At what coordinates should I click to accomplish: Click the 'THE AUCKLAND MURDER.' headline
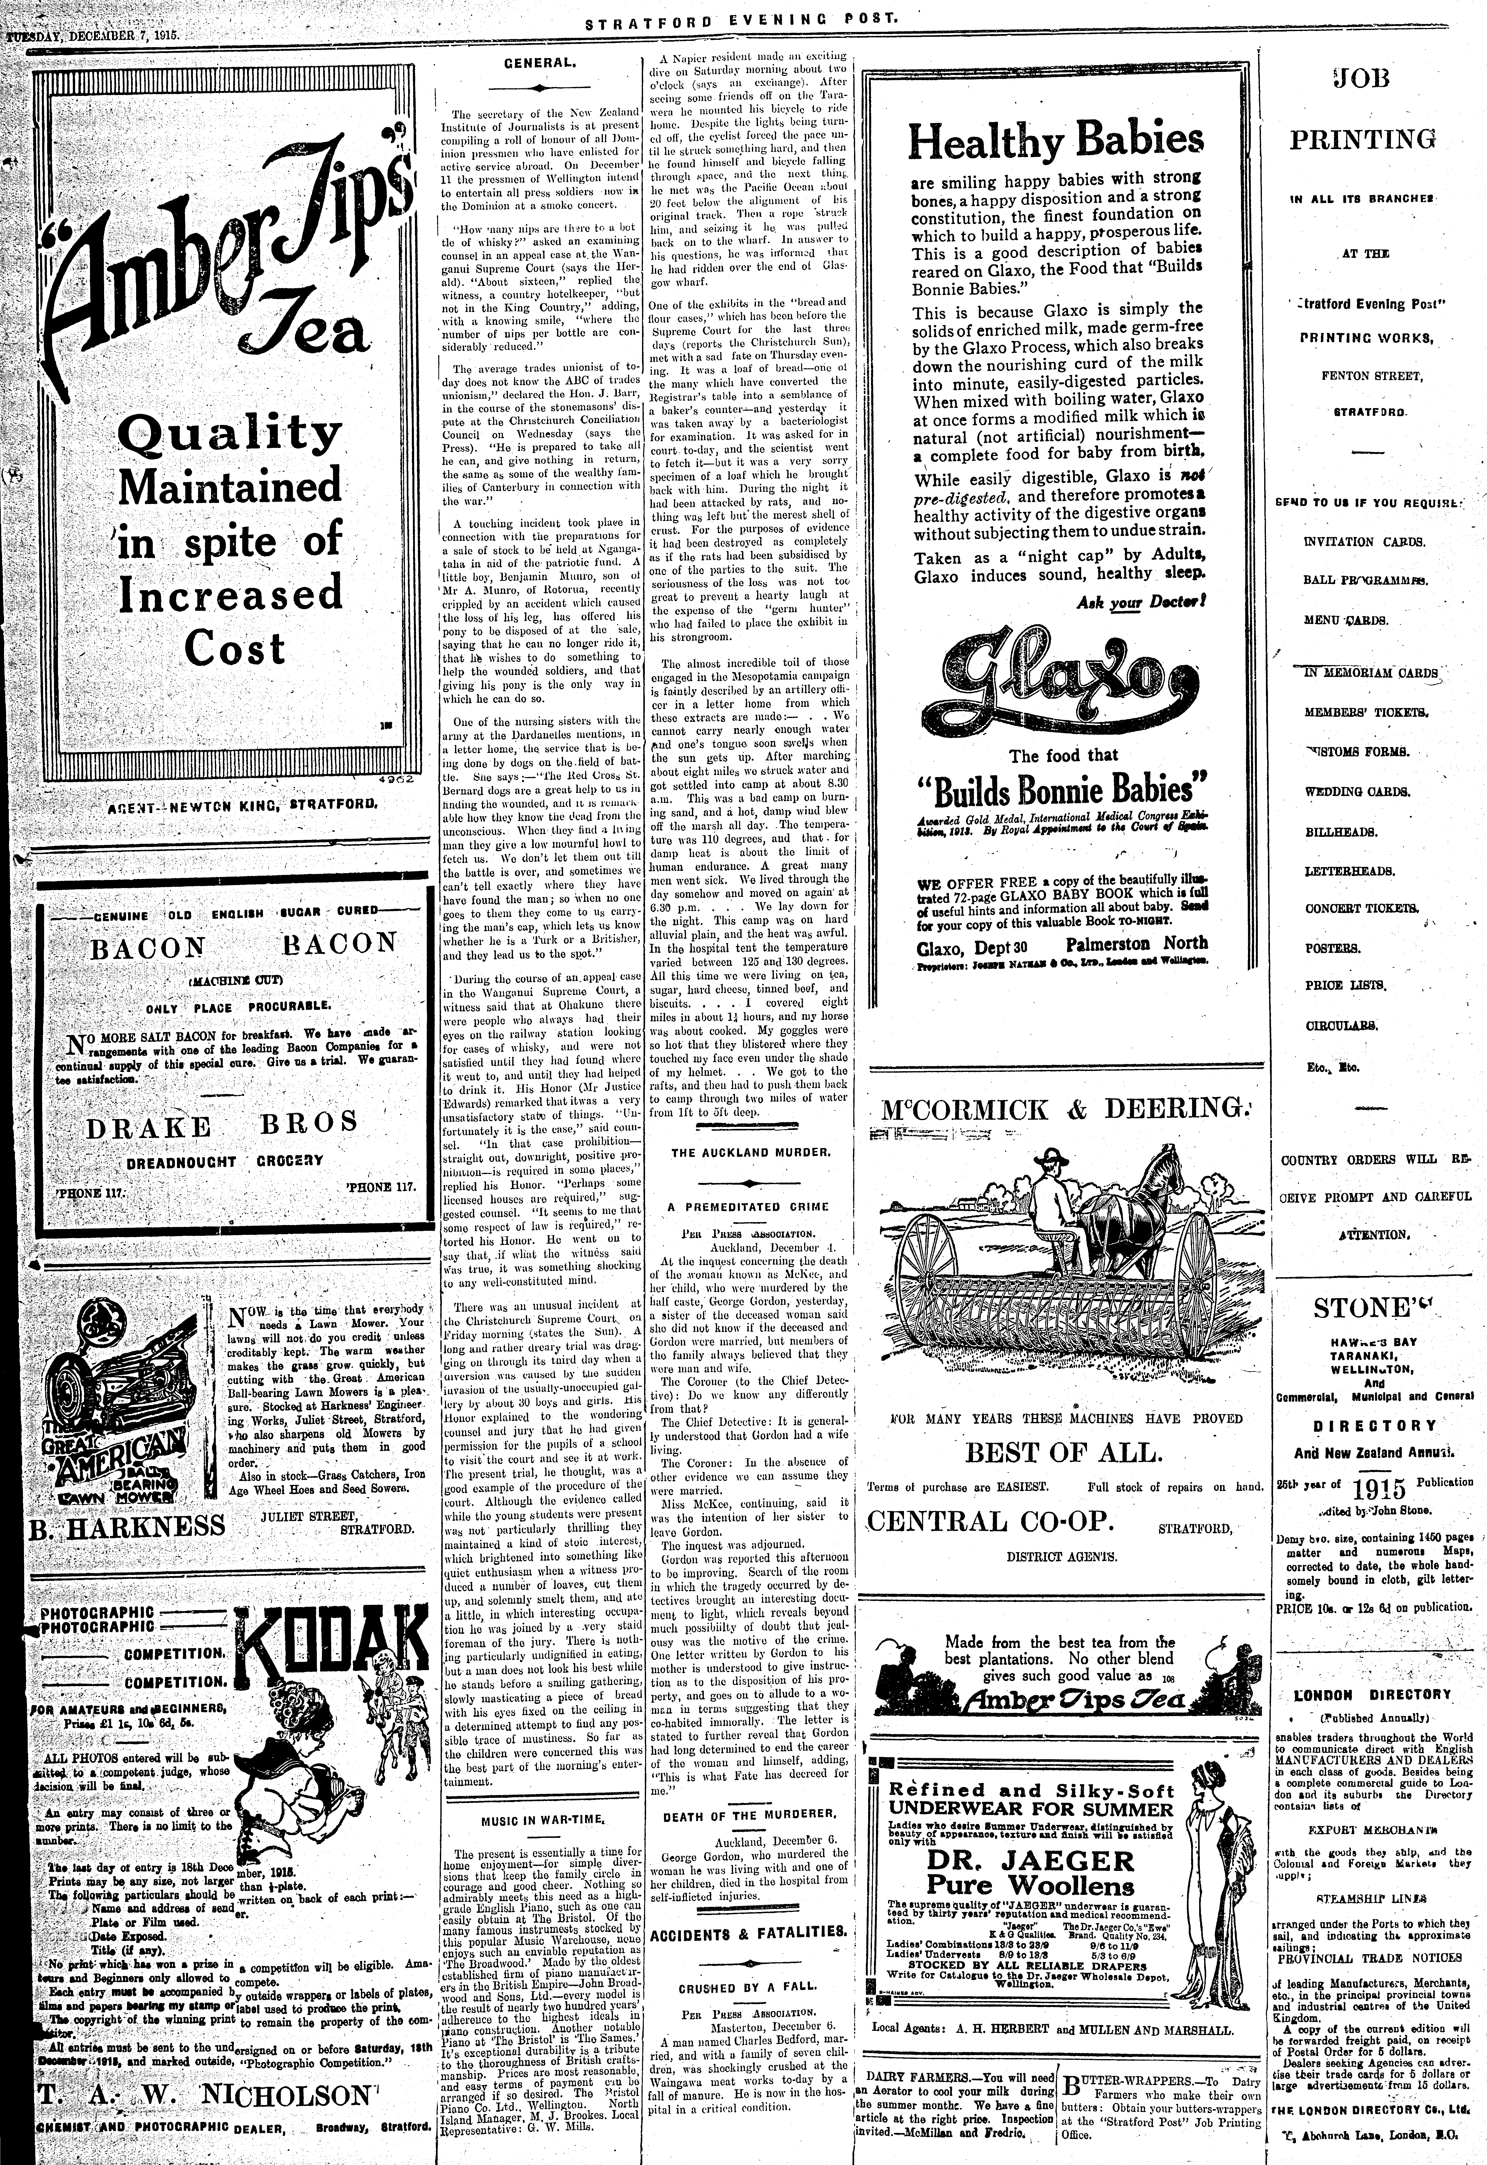(x=751, y=1152)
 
